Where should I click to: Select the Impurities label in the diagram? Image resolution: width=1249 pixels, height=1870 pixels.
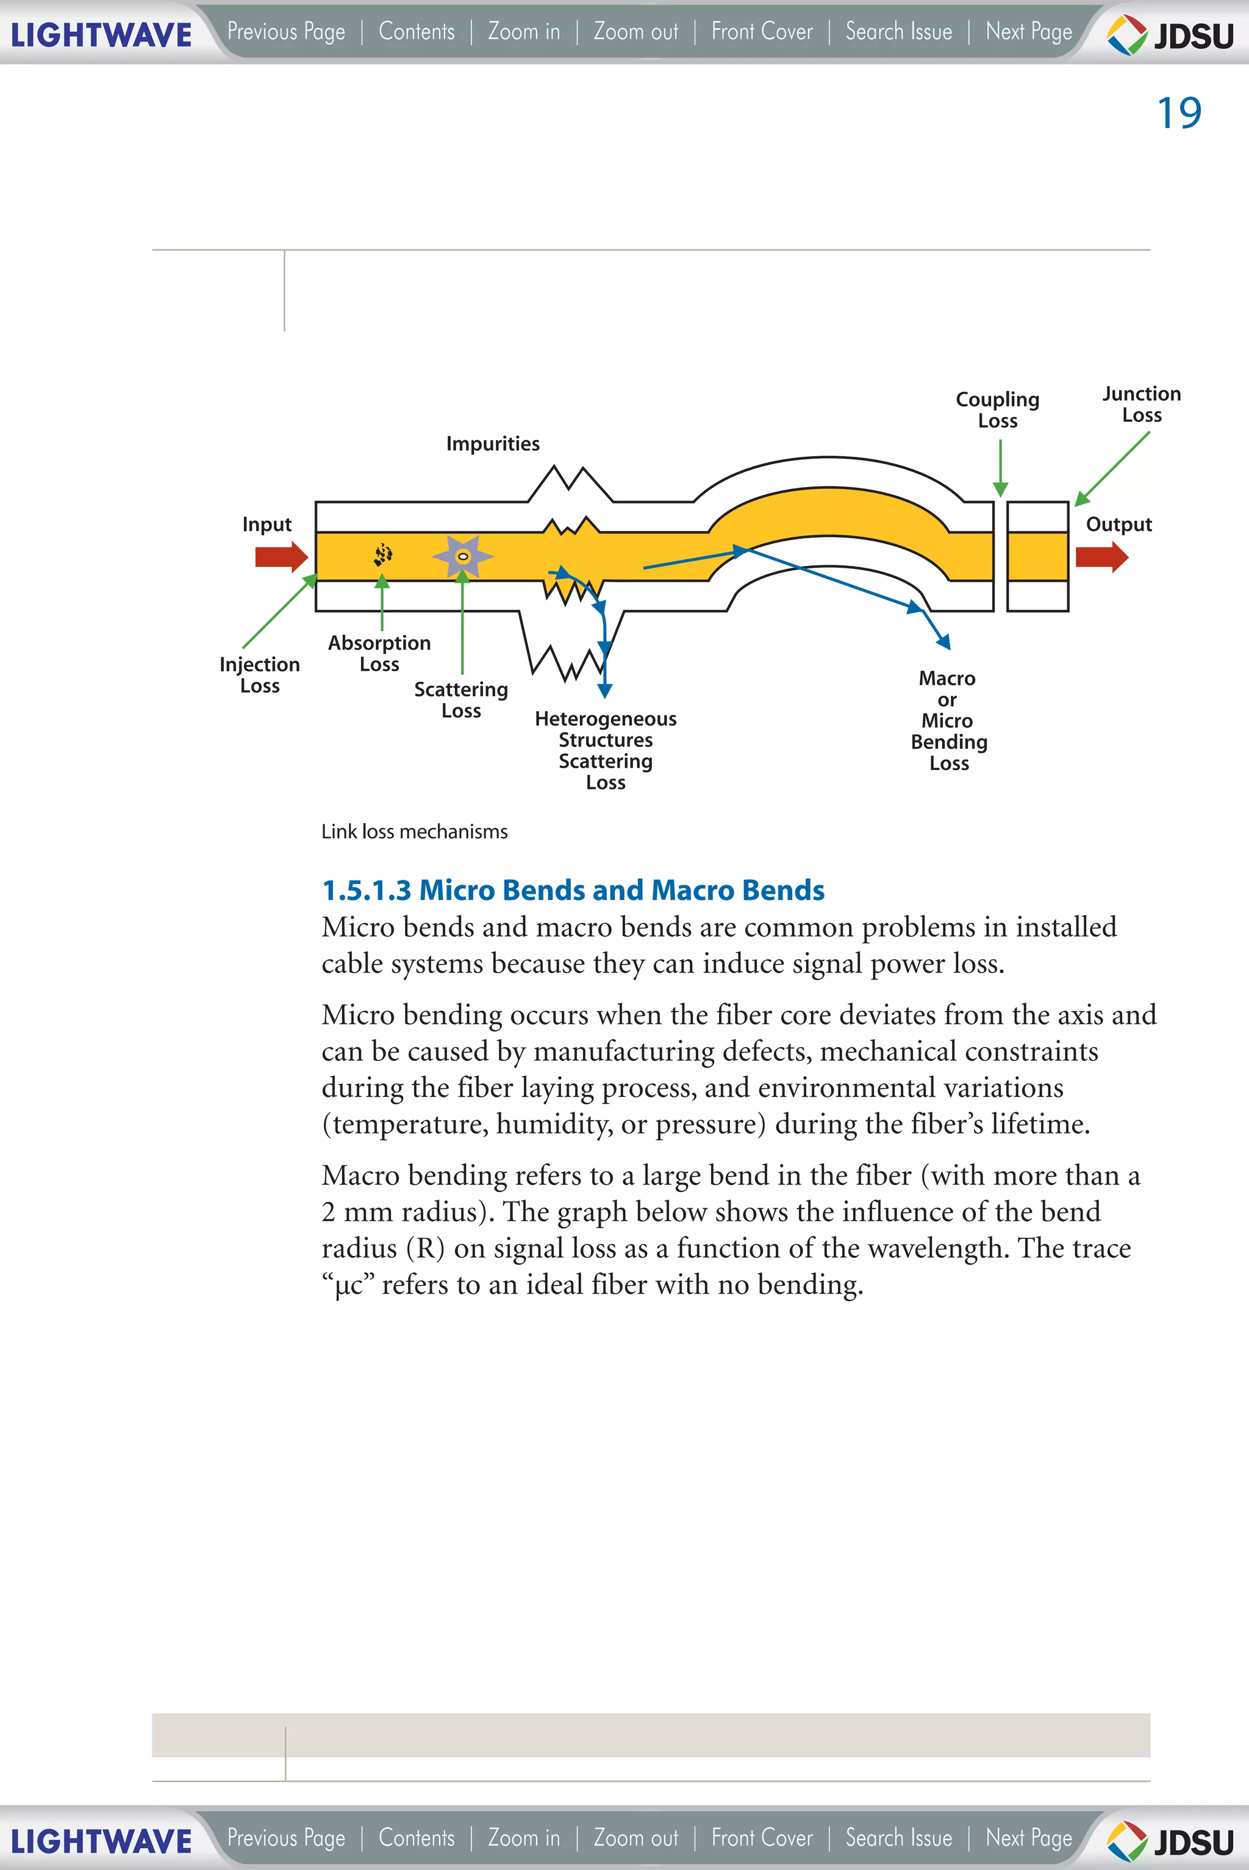[x=492, y=444]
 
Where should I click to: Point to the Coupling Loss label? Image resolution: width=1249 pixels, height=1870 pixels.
[x=997, y=409]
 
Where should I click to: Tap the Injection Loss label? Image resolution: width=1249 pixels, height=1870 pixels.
[x=260, y=674]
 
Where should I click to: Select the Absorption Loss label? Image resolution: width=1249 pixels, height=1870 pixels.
[x=379, y=653]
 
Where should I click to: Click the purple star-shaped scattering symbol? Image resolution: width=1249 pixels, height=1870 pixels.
[x=463, y=556]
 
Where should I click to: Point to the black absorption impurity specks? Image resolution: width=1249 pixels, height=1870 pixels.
[x=383, y=554]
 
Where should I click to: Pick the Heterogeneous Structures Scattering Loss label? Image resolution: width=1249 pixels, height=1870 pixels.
[x=606, y=750]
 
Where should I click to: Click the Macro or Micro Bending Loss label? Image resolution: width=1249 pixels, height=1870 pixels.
[x=948, y=720]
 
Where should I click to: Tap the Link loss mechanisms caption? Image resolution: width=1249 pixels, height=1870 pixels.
[x=414, y=832]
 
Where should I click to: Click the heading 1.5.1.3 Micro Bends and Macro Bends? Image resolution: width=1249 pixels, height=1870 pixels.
[x=573, y=890]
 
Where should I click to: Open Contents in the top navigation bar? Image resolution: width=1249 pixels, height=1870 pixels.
[x=417, y=32]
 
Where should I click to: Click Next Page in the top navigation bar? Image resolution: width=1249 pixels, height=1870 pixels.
[x=1028, y=32]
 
